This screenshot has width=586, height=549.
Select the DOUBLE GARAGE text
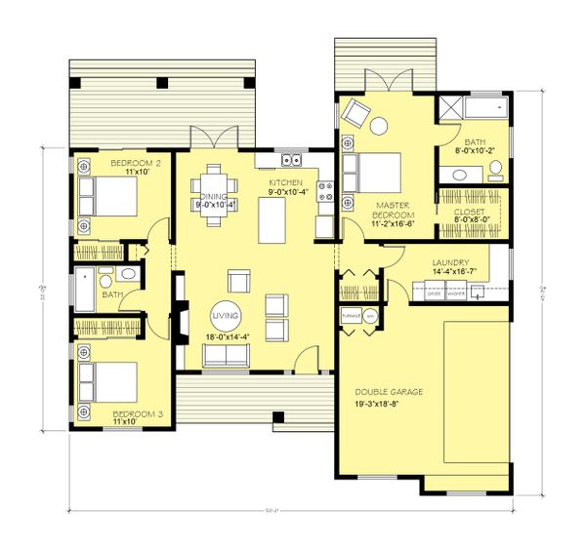tap(388, 391)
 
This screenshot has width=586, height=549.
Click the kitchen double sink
tap(290, 159)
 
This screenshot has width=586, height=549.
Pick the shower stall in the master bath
tap(451, 108)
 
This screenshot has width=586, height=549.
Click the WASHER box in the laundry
tap(455, 293)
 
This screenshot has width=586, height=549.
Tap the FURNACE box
tap(348, 315)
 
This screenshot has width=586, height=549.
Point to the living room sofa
tap(226, 356)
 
